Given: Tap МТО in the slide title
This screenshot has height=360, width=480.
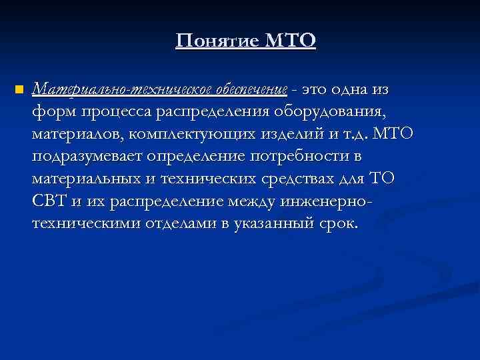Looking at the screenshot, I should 289,41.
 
